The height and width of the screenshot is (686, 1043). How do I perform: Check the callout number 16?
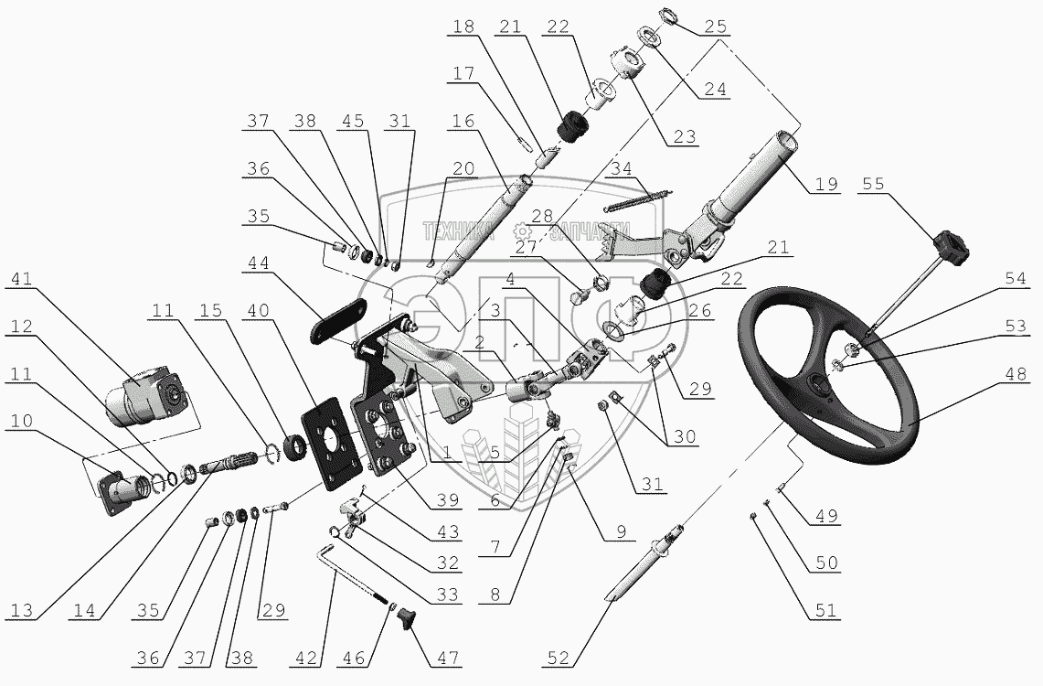[463, 121]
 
